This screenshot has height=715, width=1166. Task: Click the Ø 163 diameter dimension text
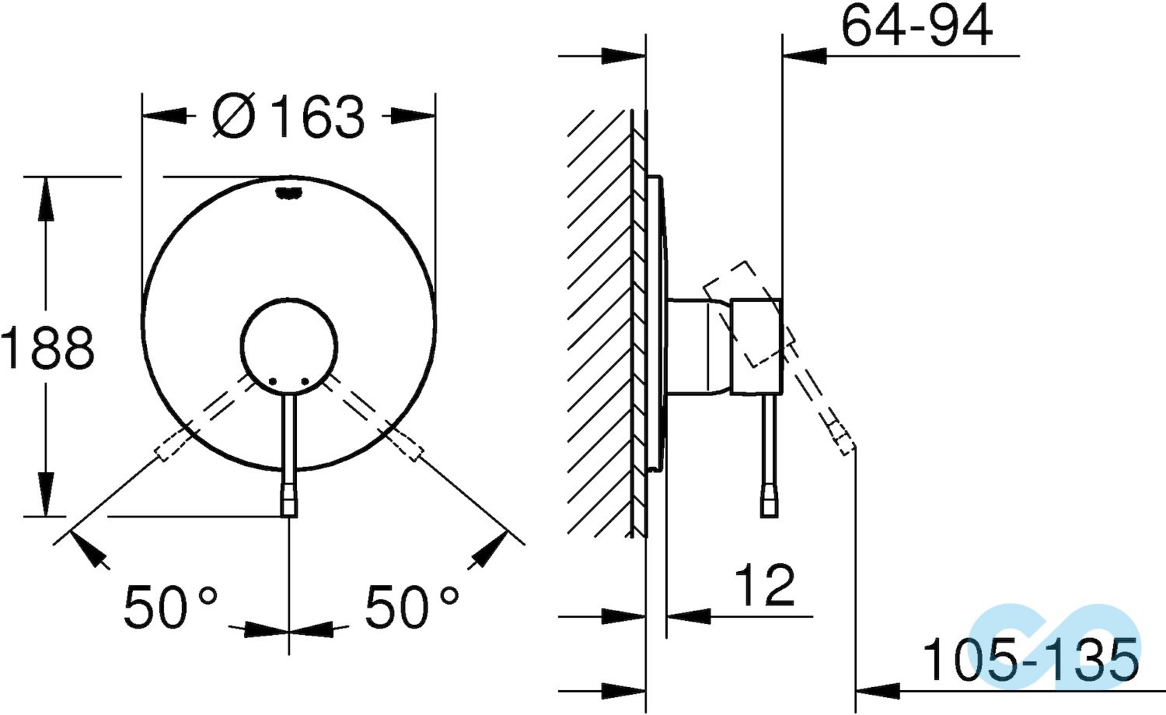point(288,117)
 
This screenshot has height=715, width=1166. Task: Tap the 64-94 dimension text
point(916,26)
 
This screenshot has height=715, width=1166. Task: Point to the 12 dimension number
point(765,585)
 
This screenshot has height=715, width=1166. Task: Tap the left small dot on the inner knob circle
point(273,380)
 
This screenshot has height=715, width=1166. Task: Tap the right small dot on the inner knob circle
point(305,380)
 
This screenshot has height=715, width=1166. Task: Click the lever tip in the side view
point(770,506)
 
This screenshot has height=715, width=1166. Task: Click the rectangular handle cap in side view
point(756,345)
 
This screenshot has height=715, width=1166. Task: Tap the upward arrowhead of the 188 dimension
point(46,198)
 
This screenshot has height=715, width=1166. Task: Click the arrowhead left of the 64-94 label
point(805,56)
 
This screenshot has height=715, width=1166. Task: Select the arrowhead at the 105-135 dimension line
point(877,689)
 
